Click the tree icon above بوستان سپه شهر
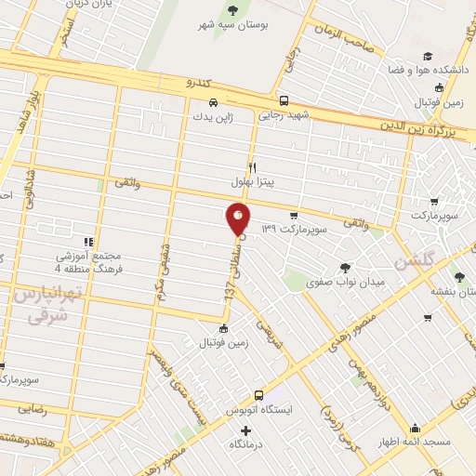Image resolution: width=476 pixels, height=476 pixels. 231,11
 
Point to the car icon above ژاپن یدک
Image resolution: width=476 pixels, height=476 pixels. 213,102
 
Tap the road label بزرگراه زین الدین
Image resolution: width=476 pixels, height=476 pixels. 419,125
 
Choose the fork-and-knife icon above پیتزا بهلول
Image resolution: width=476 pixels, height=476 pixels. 251,166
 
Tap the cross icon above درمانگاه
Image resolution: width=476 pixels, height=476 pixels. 245,430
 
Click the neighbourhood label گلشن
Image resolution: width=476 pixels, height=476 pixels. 412,263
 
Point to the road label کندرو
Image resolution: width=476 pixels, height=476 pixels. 198,83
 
